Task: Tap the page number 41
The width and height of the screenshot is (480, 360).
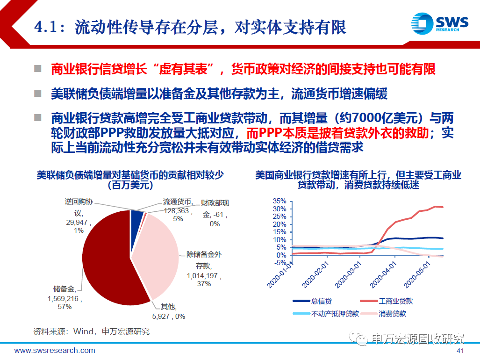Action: [x=460, y=351]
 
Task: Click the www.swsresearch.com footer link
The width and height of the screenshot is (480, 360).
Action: [x=55, y=351]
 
